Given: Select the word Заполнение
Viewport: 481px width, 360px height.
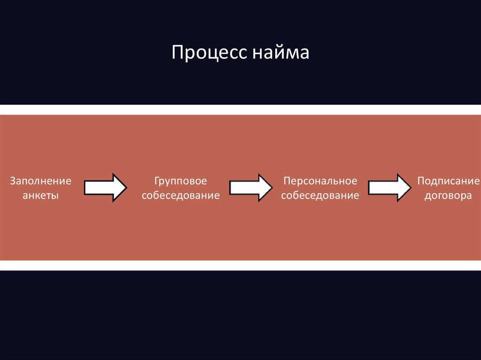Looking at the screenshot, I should tap(41, 181).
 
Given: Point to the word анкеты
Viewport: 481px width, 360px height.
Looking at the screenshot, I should tap(41, 196).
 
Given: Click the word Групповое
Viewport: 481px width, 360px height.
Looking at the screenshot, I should tap(181, 181).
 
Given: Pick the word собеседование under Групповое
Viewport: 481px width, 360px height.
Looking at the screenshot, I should tap(181, 196).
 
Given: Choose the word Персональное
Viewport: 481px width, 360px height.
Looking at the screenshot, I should tap(320, 181).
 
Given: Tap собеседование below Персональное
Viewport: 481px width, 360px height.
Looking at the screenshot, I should tap(320, 196).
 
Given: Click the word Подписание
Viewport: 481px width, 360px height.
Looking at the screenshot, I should tap(449, 181).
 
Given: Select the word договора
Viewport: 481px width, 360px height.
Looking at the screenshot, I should tap(448, 196).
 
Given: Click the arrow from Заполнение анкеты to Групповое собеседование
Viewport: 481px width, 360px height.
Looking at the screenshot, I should tap(105, 188).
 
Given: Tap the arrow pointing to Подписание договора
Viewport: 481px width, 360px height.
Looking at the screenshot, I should tap(389, 188).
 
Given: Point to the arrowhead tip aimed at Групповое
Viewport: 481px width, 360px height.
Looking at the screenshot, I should tap(125, 188).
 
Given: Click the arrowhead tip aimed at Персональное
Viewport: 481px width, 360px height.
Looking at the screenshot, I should tap(271, 188).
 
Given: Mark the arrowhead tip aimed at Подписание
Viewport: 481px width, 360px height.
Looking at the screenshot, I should tap(410, 188).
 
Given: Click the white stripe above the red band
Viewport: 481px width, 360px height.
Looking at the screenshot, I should tap(240, 110).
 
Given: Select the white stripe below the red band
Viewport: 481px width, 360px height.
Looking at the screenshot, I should tap(240, 265).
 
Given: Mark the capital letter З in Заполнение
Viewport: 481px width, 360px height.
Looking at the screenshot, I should tap(13, 181).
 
